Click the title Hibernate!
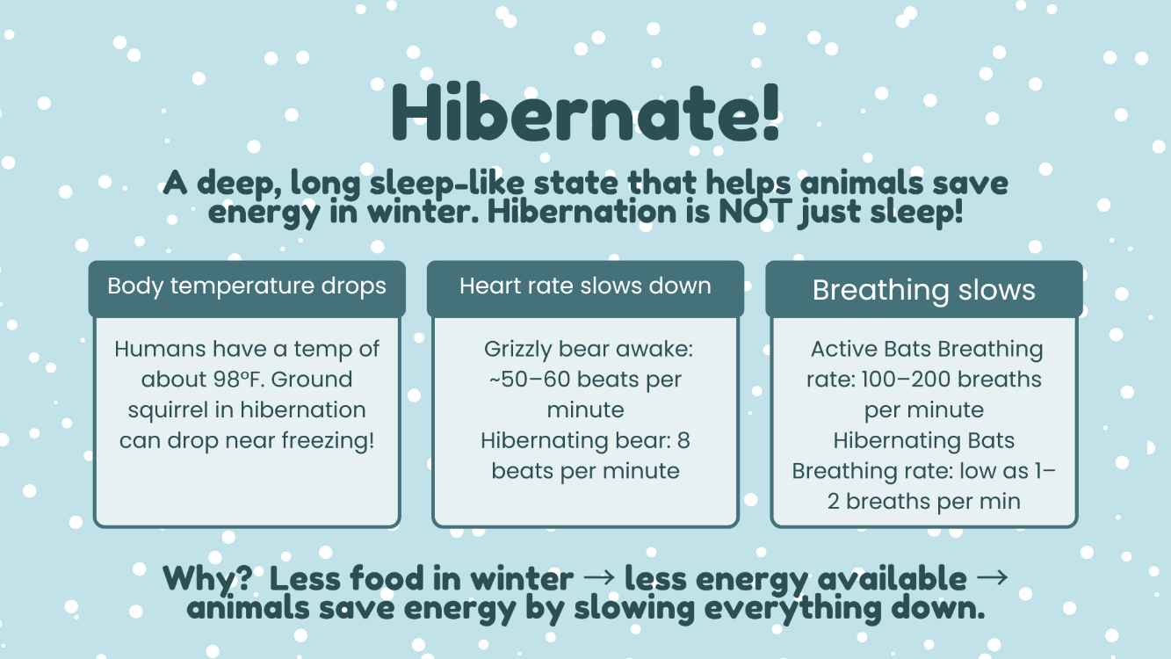coord(585,112)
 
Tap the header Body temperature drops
coord(247,286)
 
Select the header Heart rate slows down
coord(585,286)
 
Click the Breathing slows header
coord(924,290)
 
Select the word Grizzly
coord(517,350)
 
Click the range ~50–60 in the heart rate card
coord(530,380)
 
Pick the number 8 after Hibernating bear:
coord(683,440)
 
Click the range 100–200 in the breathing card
coord(900,380)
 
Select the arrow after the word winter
coord(599,577)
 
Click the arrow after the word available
coord(992,577)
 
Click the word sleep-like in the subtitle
coord(447,185)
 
